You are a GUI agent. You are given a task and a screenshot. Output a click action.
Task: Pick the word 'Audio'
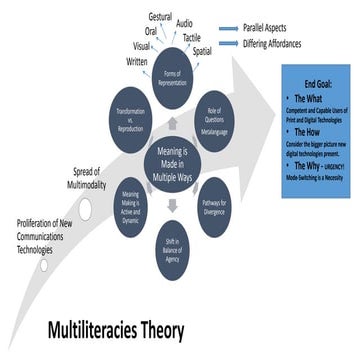tap(185, 22)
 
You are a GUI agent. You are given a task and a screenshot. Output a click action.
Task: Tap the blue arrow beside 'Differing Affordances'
tap(228, 43)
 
